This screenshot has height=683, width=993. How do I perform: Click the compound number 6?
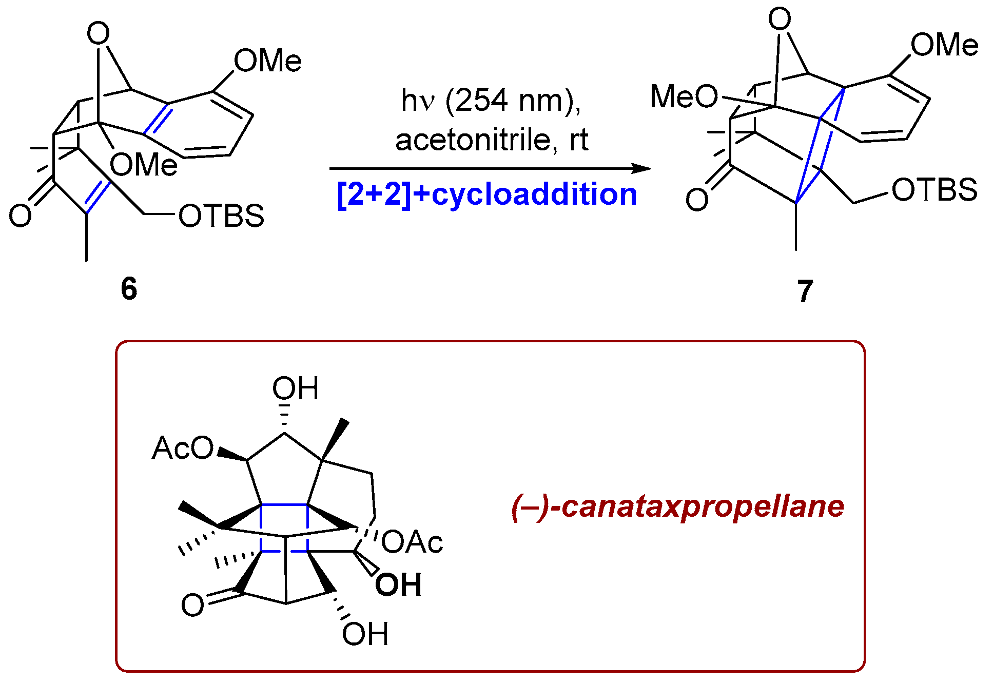[x=129, y=288]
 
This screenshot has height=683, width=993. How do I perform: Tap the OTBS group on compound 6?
[x=221, y=216]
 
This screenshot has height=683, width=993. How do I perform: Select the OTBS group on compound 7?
[x=934, y=190]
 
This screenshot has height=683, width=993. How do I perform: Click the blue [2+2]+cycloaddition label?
[x=487, y=194]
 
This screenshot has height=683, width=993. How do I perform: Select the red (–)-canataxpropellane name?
[x=677, y=506]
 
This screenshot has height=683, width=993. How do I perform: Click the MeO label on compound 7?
[x=684, y=96]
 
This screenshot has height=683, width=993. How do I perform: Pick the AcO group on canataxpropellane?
[x=183, y=448]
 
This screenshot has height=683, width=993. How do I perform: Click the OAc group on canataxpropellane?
[x=412, y=542]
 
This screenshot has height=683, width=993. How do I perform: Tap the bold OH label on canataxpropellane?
[x=398, y=585]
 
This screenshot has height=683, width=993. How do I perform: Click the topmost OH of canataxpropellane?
[x=295, y=388]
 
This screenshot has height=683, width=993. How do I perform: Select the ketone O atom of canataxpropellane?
[x=192, y=605]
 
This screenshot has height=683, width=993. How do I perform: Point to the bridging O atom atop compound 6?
[x=98, y=34]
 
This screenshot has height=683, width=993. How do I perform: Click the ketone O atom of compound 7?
[x=696, y=200]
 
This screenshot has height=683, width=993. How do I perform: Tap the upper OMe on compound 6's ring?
[x=267, y=61]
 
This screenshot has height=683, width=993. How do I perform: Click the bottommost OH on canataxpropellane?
[x=365, y=634]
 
